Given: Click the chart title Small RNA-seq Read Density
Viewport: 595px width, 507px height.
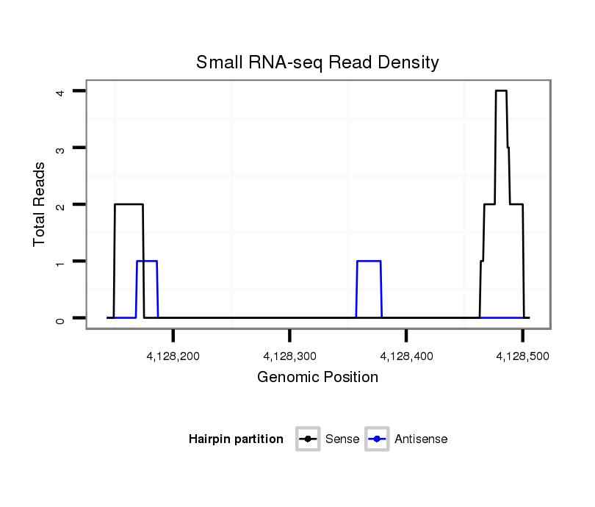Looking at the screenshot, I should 317,63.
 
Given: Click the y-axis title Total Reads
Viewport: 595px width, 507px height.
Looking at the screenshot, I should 40,204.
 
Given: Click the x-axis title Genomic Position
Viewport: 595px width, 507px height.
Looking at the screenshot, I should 317,378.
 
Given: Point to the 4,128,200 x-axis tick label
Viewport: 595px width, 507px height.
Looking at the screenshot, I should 173,356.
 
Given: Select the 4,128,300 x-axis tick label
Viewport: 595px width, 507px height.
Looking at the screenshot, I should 289,356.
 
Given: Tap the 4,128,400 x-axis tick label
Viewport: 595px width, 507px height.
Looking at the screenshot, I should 406,356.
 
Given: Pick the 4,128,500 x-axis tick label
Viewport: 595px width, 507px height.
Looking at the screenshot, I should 522,356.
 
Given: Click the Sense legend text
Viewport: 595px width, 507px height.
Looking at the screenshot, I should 342,439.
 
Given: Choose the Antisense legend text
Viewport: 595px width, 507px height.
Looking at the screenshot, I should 420,439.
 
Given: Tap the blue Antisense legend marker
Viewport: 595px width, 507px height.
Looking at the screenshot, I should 378,439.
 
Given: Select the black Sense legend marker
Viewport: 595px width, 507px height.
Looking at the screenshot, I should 307,439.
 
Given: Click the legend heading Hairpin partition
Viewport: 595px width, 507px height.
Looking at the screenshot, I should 236,439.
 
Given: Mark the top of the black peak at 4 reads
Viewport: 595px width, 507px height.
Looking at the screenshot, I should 501,91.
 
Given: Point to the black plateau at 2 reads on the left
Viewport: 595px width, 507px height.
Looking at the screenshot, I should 129,204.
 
